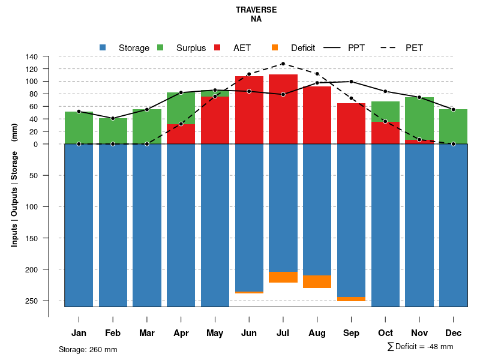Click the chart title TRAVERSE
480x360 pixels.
pos(256,10)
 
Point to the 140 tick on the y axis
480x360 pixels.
pos(32,56)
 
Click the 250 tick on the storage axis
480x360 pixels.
pos(32,301)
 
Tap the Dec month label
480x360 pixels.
pos(453,333)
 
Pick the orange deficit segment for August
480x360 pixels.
pos(317,281)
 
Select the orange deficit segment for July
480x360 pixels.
pos(283,277)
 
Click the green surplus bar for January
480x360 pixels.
pos(79,128)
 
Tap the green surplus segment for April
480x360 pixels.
pos(181,108)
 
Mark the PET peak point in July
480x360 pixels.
pos(283,64)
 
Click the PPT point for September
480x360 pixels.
pos(351,82)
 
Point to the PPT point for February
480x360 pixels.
pos(113,118)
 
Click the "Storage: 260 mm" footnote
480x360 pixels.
pos(88,349)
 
